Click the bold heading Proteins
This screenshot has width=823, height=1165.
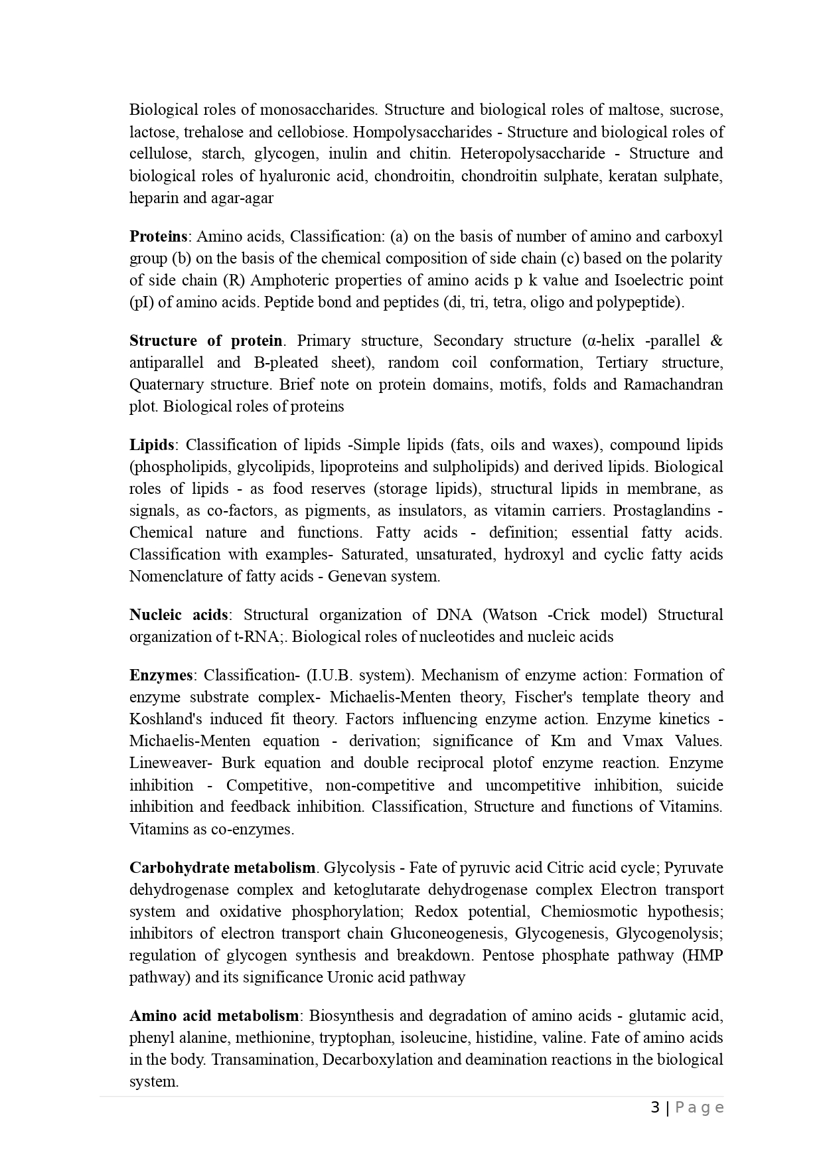coord(158,236)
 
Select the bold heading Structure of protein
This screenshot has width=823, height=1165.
coord(206,341)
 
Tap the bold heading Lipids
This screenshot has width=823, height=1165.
coord(151,445)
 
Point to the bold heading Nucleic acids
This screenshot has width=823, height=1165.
coord(179,615)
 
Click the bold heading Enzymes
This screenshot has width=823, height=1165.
coord(161,675)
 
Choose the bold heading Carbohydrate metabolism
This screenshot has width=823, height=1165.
coord(222,868)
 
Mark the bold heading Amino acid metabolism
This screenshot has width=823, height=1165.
coord(214,1016)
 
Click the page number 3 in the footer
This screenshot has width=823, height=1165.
coord(655,1107)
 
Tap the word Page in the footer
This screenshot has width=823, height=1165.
coord(699,1107)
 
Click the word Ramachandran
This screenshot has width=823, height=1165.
coord(673,384)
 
